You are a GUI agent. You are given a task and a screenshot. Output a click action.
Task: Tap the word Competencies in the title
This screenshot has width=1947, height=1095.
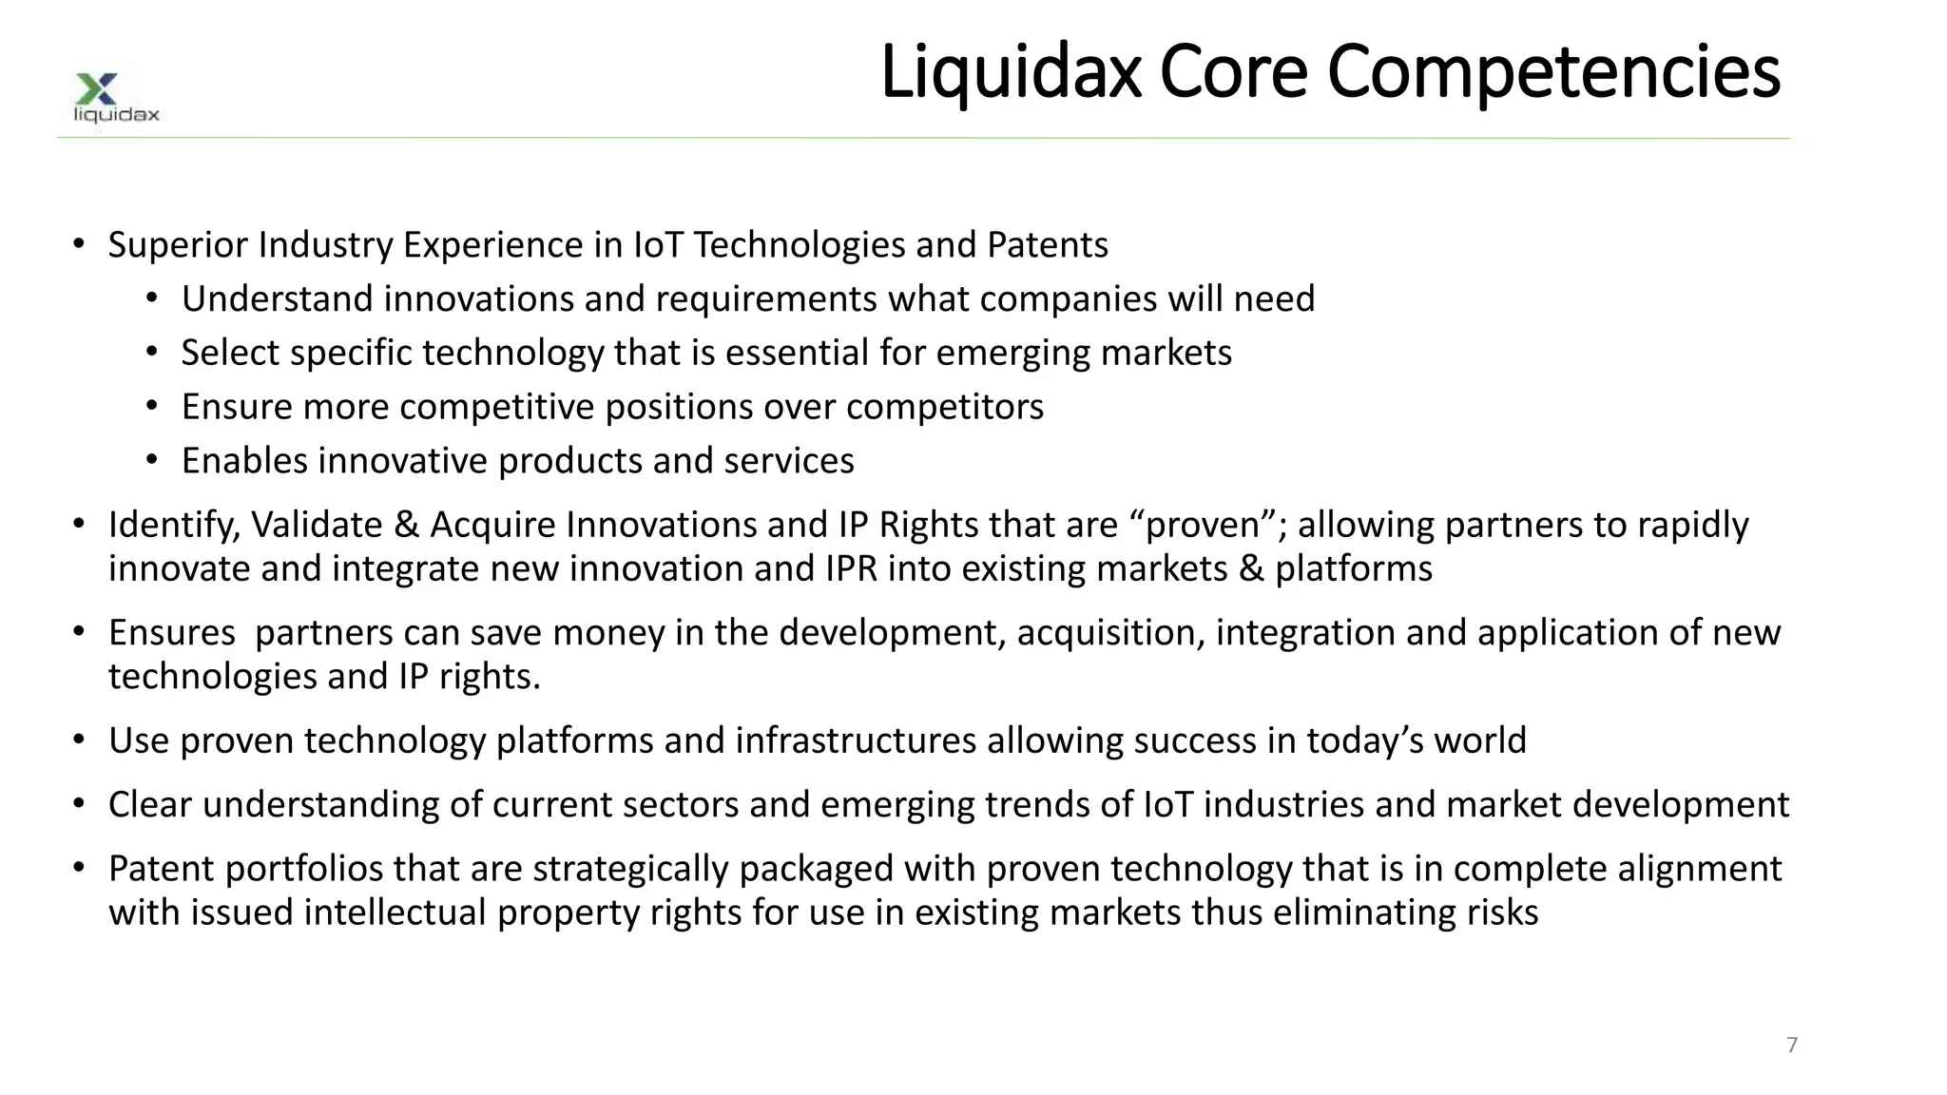(x=1552, y=72)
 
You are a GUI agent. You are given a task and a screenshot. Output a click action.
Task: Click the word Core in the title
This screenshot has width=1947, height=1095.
(x=1233, y=72)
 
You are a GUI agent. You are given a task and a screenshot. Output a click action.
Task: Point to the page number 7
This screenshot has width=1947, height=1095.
(x=1792, y=1045)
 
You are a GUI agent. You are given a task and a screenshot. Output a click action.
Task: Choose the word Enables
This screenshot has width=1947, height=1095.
(x=243, y=461)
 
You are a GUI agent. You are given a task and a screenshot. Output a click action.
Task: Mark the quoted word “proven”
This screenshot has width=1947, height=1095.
(x=1206, y=525)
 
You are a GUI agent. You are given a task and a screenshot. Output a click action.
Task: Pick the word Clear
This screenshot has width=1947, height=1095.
(x=150, y=805)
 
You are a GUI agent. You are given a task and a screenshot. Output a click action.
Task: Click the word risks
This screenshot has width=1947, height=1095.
(x=1502, y=912)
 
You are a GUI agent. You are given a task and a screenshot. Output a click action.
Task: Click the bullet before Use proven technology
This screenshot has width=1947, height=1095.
(x=79, y=740)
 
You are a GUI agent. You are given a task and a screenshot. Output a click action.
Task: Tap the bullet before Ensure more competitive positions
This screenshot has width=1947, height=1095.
(x=152, y=407)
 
